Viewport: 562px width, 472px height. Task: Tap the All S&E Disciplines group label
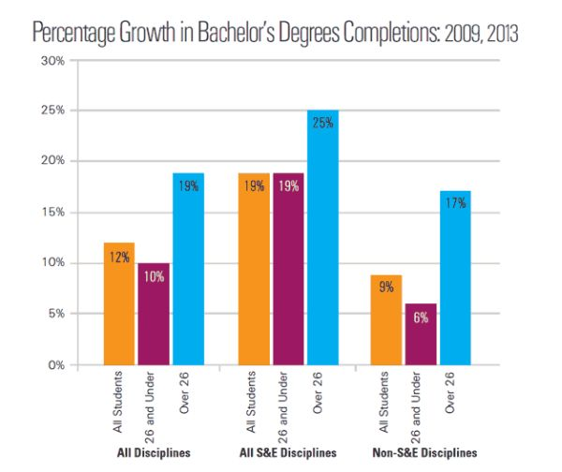pos(288,452)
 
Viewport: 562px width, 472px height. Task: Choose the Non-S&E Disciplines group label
pos(422,452)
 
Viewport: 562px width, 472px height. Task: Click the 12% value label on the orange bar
pos(119,257)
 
